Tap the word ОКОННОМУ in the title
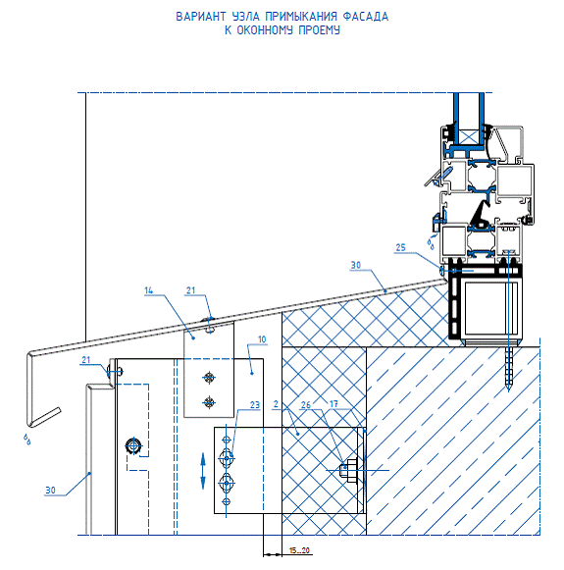click(265, 30)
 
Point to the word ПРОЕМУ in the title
click(320, 30)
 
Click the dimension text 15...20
click(299, 550)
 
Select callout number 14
click(149, 290)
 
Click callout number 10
click(262, 339)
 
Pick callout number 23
click(255, 405)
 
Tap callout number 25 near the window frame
click(400, 247)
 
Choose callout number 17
click(333, 403)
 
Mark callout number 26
click(306, 404)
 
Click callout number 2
click(276, 404)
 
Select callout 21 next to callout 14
click(191, 290)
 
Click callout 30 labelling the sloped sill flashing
click(356, 265)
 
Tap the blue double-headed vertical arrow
click(203, 471)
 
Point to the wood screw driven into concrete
click(508, 369)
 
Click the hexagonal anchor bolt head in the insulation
click(348, 471)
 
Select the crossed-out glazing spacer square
click(469, 137)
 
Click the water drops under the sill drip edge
click(26, 440)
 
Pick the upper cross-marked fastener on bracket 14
click(209, 378)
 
